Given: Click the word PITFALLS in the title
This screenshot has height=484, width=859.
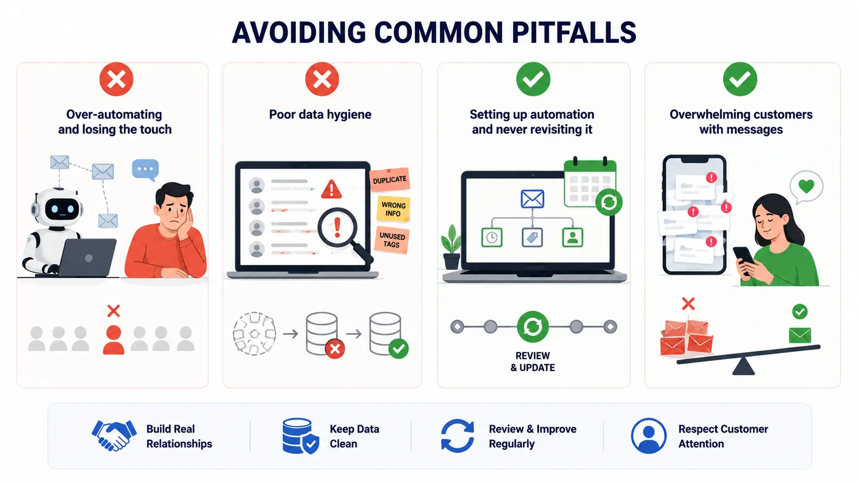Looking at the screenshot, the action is coord(574,32).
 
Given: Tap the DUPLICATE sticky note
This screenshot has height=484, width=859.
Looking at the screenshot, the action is coord(389,179).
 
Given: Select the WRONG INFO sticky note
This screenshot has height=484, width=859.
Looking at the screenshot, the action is coord(394,209).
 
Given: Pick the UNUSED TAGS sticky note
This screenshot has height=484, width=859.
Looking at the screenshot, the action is coord(391,240).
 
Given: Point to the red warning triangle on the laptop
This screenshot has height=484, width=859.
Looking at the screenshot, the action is coord(331,189).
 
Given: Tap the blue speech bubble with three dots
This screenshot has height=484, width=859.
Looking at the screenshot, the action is coord(145,170).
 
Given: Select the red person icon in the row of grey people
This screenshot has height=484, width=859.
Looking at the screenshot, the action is coord(114,339).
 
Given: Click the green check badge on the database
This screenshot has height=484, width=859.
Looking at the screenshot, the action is coord(399,349).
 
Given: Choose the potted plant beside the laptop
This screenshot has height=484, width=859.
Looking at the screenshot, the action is coord(452,247).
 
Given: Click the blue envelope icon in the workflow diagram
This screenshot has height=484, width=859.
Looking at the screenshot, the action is coord(532,199).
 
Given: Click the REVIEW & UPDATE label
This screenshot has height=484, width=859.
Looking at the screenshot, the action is coord(533,362).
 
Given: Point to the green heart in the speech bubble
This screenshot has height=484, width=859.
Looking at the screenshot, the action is coord(806,187).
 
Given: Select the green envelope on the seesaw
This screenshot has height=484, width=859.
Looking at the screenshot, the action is coord(800,335).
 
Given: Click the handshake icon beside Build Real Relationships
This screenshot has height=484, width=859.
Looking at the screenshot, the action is coord(114,435).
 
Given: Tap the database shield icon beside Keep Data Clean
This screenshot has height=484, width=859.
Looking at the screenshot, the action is coord(301,436).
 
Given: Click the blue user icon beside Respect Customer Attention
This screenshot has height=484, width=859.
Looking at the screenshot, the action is coord(648,436).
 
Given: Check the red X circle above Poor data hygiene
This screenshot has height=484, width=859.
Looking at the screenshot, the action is coord(322,79).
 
